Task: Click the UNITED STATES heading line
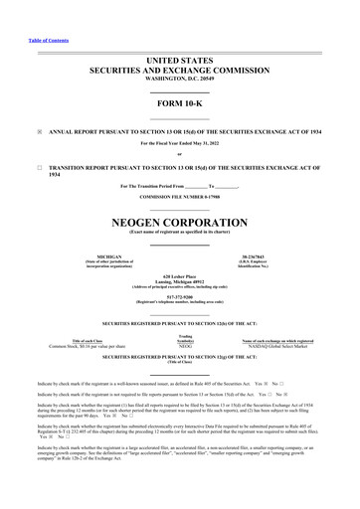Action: coord(180,60)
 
